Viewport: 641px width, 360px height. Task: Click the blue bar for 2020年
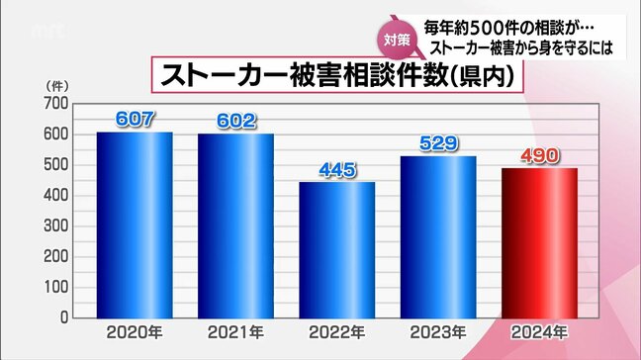pos(135,225)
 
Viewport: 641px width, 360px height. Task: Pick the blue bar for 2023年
pos(438,237)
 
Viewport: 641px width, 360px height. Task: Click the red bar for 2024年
pos(540,243)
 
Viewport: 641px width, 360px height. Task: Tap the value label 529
pos(438,144)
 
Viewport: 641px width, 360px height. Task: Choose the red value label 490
pos(540,156)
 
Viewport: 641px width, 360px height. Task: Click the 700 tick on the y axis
pos(55,103)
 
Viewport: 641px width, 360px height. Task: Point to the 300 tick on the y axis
pos(55,225)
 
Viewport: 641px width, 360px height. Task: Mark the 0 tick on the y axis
pos(61,317)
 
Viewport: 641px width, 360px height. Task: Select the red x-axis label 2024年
pos(540,336)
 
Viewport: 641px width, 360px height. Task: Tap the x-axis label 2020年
pos(135,336)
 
